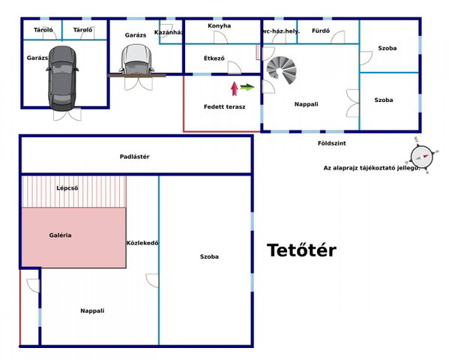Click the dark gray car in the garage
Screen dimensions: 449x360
coord(62,78)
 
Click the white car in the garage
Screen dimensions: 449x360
coord(136,59)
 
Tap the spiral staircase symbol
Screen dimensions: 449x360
coord(281,70)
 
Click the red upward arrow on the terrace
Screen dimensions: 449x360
coord(235,88)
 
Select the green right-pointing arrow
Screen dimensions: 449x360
coord(247,87)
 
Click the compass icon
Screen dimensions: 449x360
coord(421,156)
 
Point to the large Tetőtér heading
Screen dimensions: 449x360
coord(301,250)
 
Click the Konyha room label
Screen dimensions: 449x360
coord(220,25)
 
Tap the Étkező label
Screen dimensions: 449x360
coord(214,58)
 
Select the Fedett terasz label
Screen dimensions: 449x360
coord(225,107)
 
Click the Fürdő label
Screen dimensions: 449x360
coord(321,31)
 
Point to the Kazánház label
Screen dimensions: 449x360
coord(169,32)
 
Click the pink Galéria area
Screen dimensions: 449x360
coord(74,238)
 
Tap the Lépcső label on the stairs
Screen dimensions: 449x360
coord(67,188)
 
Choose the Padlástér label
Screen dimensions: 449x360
coord(135,157)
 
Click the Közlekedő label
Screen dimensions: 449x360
coord(142,243)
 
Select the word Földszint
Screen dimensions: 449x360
coord(332,143)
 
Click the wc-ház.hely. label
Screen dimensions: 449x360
coord(280,31)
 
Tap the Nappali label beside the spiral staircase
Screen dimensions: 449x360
coord(307,104)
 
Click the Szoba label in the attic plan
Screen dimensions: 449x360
coord(209,256)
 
